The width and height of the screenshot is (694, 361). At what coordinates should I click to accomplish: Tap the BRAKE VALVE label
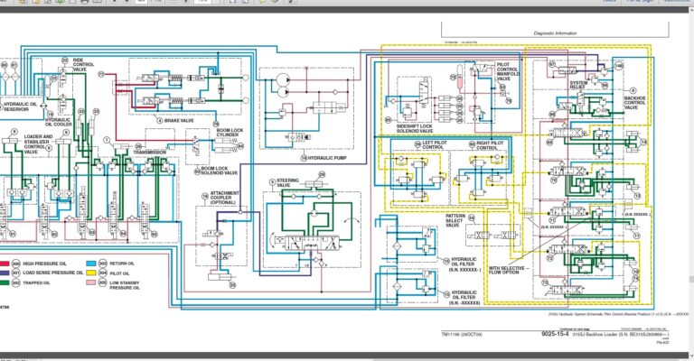pyautogui.click(x=182, y=119)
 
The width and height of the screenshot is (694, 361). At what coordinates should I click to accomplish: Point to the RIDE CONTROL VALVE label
pyautogui.click(x=83, y=66)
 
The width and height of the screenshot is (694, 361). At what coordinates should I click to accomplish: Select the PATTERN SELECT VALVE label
pyautogui.click(x=455, y=220)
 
